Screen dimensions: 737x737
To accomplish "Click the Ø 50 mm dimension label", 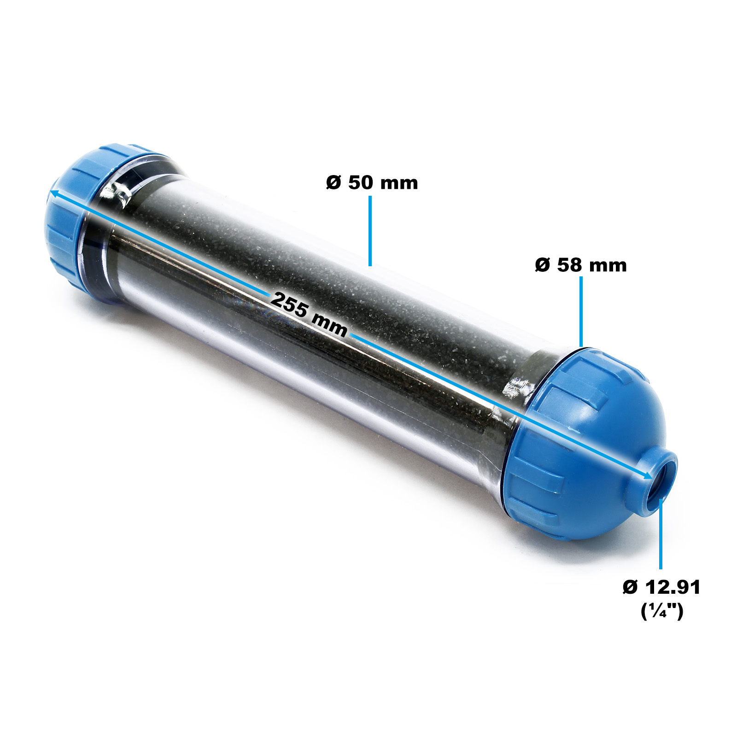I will tap(372, 183).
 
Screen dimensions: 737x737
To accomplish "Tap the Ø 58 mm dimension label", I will tap(581, 265).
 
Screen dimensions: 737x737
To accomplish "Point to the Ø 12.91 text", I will tap(661, 587).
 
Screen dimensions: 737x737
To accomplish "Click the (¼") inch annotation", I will tap(662, 611).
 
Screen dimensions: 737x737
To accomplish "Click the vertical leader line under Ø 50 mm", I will tap(370, 230).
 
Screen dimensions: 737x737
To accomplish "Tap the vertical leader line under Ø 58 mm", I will tap(581, 311).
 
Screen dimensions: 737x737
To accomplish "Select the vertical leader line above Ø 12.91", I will tap(661, 534).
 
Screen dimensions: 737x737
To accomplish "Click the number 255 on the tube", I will tap(289, 304).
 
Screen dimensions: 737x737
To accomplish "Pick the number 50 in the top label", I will tap(360, 183).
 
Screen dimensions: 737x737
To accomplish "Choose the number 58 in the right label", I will tap(569, 265).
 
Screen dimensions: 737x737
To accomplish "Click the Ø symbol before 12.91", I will tap(630, 587).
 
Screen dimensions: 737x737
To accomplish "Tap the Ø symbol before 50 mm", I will tap(333, 183).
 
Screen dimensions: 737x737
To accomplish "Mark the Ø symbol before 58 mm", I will tap(542, 265).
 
